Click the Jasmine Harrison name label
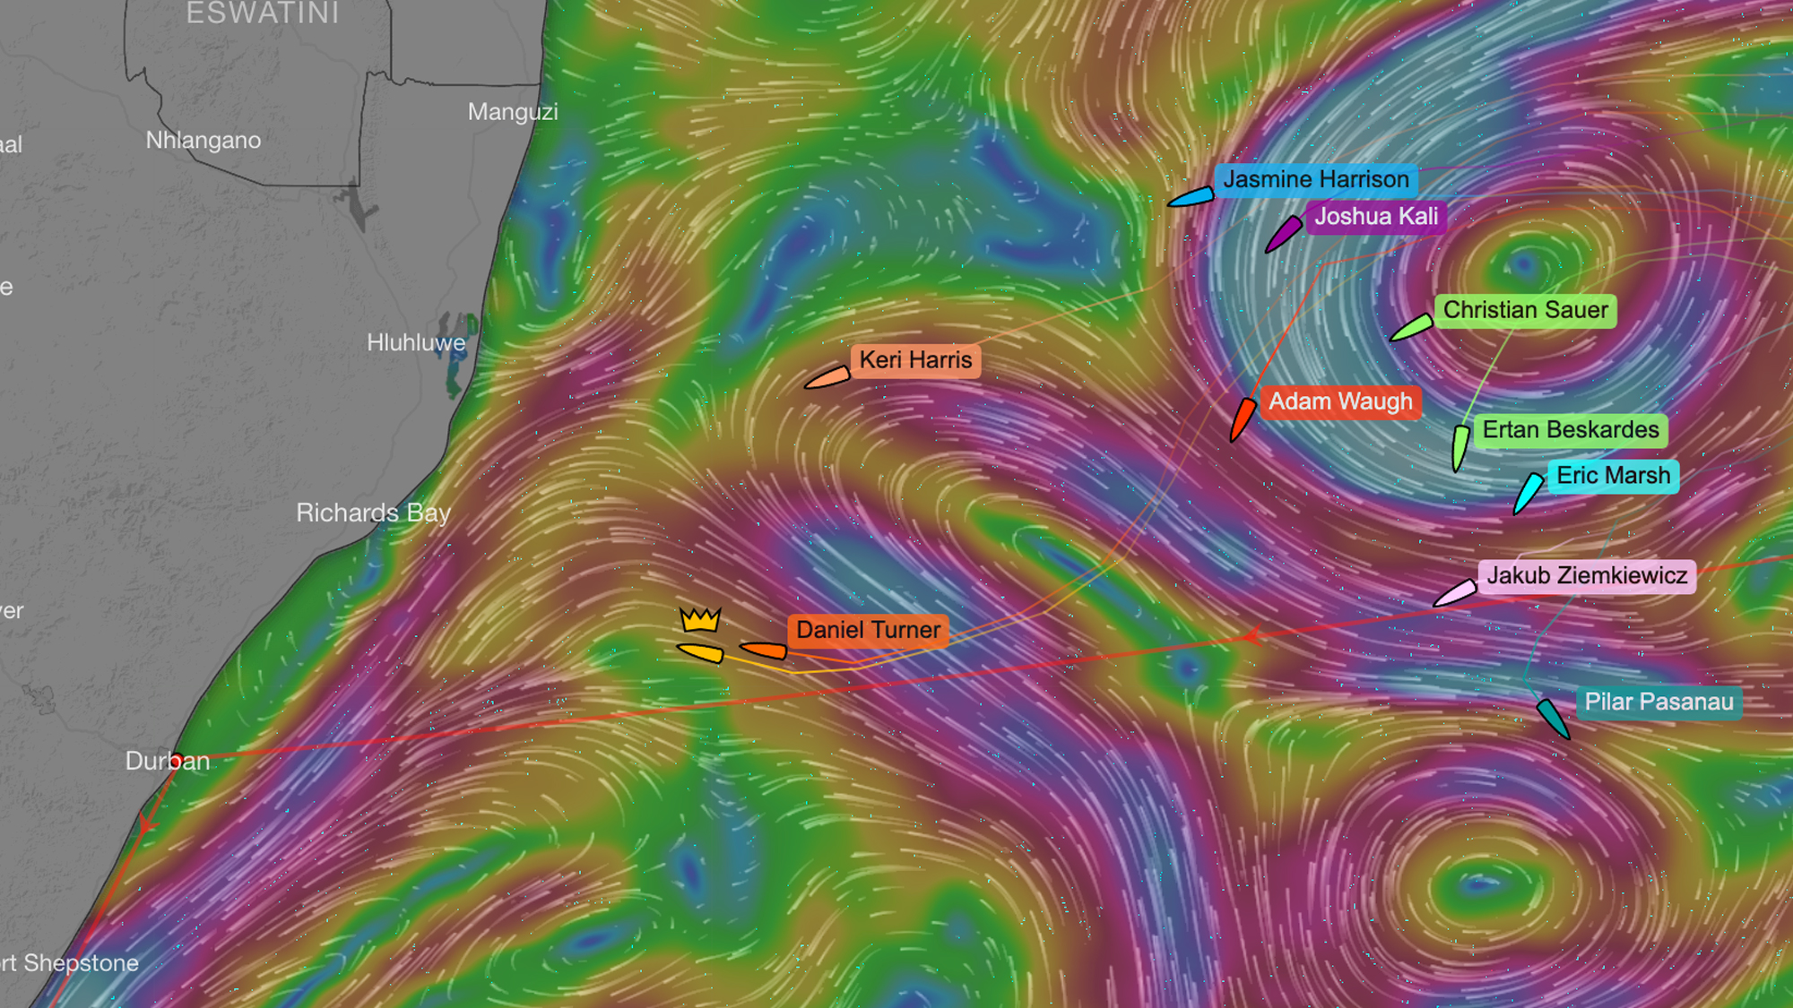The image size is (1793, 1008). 1316,180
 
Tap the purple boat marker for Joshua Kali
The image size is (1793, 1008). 1283,233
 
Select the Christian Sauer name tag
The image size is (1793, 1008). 1525,310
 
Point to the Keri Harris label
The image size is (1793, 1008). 915,360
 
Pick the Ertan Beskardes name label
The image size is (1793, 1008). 1571,430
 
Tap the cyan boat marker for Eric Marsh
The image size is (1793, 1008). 1527,493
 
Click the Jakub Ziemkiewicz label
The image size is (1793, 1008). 1587,575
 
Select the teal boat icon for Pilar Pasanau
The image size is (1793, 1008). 1552,718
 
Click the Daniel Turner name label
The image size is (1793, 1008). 868,630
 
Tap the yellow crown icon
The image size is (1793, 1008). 700,619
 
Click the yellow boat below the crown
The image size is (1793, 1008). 701,652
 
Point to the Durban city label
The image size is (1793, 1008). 167,762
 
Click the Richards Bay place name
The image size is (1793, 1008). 373,513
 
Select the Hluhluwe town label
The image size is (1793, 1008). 416,342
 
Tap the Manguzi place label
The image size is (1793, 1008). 513,112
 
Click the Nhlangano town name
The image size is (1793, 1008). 204,141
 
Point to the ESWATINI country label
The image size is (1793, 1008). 263,13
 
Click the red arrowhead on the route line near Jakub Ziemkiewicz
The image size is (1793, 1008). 1252,636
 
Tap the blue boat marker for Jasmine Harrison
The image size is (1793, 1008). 1191,197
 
